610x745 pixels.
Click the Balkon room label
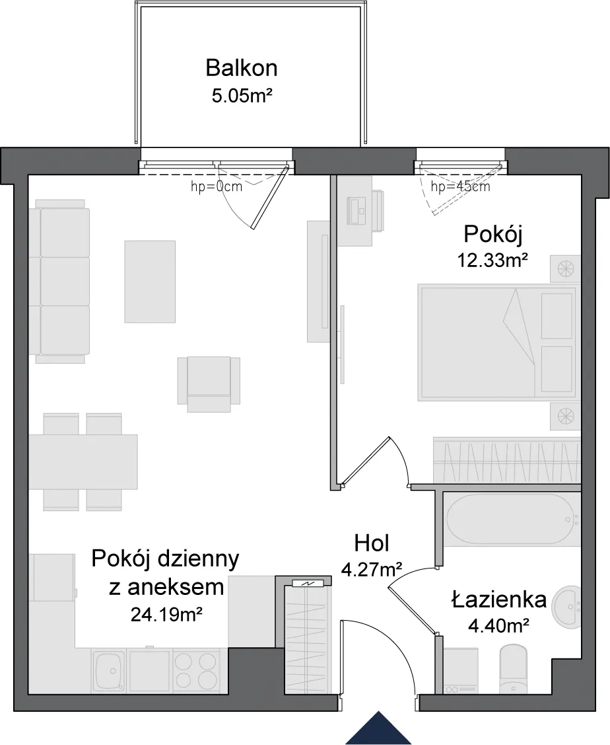pos(242,69)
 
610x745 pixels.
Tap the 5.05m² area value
pos(242,96)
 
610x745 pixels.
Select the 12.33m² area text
pos(492,260)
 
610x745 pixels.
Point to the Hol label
pos(372,543)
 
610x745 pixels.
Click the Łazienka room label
pos(499,600)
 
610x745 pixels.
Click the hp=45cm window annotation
pos(460,186)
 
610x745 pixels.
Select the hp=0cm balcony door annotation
pos(217,186)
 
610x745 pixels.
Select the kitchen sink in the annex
pos(110,670)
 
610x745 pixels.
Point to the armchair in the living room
pos(209,384)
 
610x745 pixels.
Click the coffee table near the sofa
pos(150,282)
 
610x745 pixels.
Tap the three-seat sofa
pos(60,282)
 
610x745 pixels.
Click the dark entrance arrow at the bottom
pos(378,728)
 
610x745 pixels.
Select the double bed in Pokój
pos(498,342)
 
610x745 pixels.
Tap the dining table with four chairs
pos(83,462)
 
